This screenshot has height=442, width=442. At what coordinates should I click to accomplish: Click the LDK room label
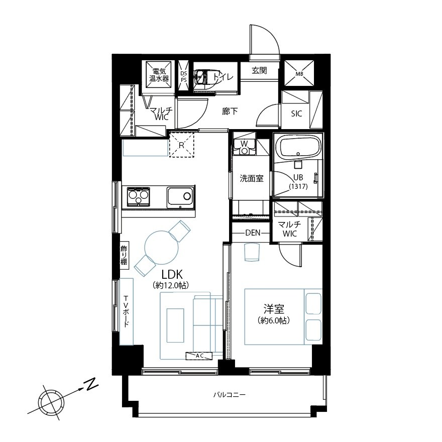click(172, 274)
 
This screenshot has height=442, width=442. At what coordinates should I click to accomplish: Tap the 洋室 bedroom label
click(274, 309)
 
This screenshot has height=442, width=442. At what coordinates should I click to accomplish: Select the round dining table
click(162, 248)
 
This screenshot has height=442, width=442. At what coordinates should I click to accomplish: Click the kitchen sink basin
click(180, 197)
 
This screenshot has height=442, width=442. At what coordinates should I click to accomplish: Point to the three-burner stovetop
click(139, 196)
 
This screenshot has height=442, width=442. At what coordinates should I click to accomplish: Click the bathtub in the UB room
click(298, 148)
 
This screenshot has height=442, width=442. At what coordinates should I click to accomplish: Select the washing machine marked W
click(244, 147)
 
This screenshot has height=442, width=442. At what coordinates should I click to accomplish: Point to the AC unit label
click(199, 356)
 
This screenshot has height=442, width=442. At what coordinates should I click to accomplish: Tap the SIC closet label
click(296, 114)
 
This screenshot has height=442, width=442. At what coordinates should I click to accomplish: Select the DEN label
click(253, 233)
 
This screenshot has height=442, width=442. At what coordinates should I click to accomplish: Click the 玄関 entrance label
click(259, 70)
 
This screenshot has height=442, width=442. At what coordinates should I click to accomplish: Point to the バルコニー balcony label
click(229, 395)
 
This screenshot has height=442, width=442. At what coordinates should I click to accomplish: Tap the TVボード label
click(126, 311)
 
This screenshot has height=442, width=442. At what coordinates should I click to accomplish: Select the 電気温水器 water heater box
click(159, 75)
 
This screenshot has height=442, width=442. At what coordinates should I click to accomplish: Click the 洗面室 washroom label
click(252, 178)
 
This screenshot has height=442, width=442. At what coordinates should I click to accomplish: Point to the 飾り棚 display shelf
click(125, 255)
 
